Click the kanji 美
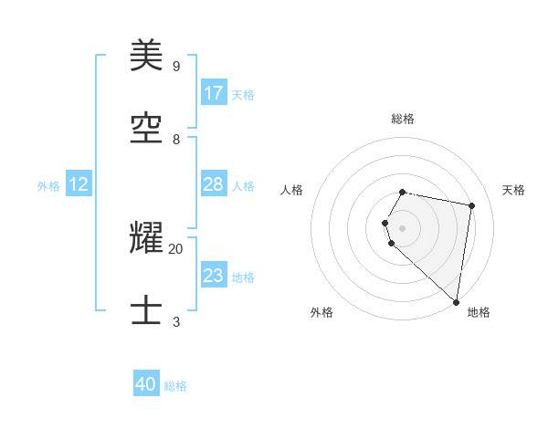click(x=147, y=57)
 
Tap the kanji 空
click(x=147, y=130)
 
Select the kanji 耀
click(x=147, y=239)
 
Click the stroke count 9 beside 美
click(x=176, y=67)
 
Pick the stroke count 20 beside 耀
click(x=176, y=248)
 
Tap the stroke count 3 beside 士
click(x=176, y=321)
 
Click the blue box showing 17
click(x=214, y=93)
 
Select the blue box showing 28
click(x=214, y=184)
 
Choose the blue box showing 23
click(x=214, y=276)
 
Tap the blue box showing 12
click(x=79, y=184)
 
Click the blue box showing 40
click(x=146, y=384)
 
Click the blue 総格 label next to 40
click(x=175, y=386)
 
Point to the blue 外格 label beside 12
click(x=48, y=186)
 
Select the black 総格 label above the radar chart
click(x=403, y=119)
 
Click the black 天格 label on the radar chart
click(x=513, y=190)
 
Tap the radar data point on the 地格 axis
click(x=456, y=301)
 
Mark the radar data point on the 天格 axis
click(x=471, y=205)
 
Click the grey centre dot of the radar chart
click(x=403, y=228)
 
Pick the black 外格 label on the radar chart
click(x=321, y=312)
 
